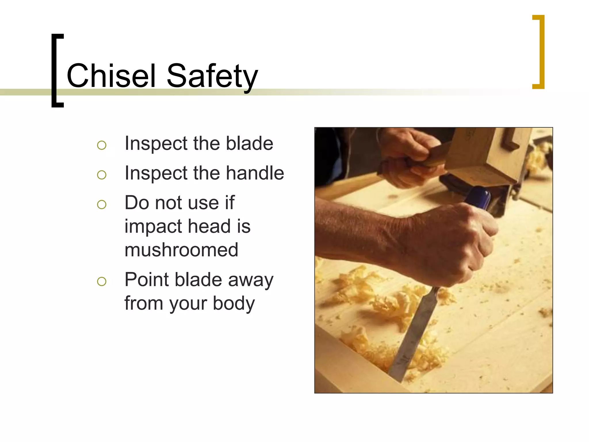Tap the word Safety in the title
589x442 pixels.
point(212,76)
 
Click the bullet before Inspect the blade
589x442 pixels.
point(102,145)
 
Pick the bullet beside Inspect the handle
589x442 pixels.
point(102,175)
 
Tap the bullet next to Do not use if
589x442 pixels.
point(102,204)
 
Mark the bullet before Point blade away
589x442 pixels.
point(102,281)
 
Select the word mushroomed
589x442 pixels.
point(181,249)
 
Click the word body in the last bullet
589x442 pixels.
point(234,304)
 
